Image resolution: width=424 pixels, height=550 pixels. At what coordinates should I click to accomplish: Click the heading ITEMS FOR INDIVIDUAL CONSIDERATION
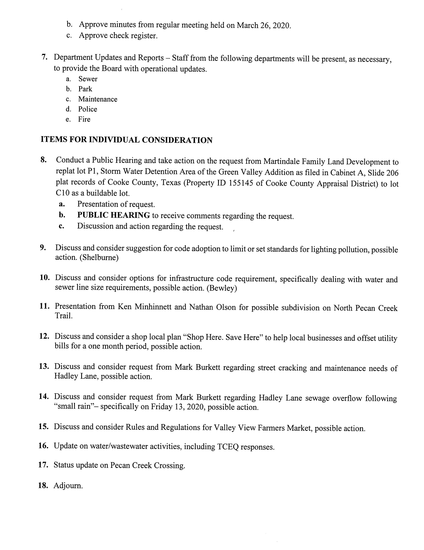coord(126,140)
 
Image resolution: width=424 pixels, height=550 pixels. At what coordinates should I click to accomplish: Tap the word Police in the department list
coord(87,109)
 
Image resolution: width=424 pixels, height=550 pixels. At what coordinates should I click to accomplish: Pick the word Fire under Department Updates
coord(84,119)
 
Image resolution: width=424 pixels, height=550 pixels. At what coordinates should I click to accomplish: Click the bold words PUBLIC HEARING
coord(114,215)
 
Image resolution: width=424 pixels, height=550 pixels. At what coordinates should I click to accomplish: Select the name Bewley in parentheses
coord(222,288)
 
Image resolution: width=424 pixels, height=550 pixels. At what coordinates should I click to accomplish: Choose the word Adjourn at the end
coord(68,485)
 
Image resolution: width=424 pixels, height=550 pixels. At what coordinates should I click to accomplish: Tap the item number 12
coord(44,336)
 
